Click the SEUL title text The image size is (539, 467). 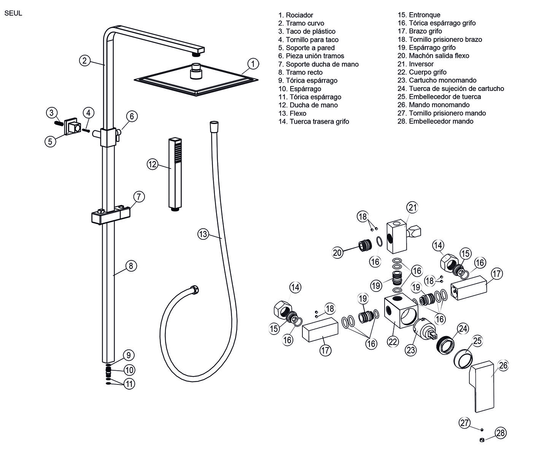13,13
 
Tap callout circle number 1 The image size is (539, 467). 253,64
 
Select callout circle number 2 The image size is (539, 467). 85,60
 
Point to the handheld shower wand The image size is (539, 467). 175,173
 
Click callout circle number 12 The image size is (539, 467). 153,164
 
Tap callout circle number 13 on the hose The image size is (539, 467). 203,234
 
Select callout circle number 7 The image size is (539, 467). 139,197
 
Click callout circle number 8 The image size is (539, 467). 131,265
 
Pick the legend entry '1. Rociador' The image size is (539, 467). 296,15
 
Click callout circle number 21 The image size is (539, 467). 413,207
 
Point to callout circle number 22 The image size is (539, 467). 393,341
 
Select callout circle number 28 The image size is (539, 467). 501,433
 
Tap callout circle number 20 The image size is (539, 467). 337,252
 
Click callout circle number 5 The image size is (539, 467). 50,142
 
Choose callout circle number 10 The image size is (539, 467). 129,370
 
